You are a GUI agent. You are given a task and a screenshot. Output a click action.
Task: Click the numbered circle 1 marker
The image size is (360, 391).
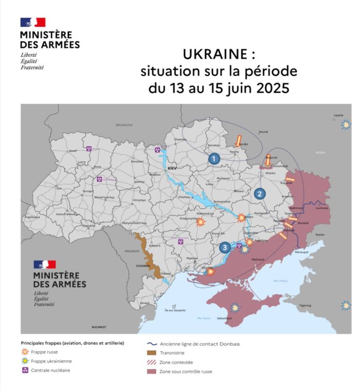pos(213,158)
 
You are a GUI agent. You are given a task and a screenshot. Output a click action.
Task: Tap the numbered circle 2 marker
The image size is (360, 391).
pos(260,193)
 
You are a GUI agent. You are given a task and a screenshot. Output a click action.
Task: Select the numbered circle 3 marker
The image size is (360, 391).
pos(224,247)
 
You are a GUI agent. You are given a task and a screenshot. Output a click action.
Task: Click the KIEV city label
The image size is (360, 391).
pos(171,168)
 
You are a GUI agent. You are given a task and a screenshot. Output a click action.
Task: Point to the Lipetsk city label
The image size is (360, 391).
pos(339,115)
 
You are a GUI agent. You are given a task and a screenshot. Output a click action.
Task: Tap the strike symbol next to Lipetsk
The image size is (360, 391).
pos(346,125)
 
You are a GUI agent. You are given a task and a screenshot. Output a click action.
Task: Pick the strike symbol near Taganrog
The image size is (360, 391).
pos(346,305)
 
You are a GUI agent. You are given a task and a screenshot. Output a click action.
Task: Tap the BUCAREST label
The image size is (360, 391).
pos(99,326)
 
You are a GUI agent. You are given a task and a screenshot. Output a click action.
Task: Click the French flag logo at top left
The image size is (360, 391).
pos(33,22)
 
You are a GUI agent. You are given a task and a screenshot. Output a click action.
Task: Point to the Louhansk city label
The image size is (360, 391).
pos(323,207)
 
